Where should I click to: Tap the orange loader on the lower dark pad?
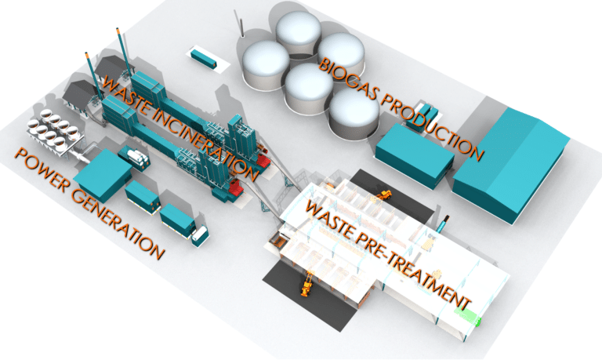coord(307,283)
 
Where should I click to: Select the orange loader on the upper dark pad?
coord(383,194)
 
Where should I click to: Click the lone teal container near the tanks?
coord(203,57)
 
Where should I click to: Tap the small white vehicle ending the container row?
coord(201,233)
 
